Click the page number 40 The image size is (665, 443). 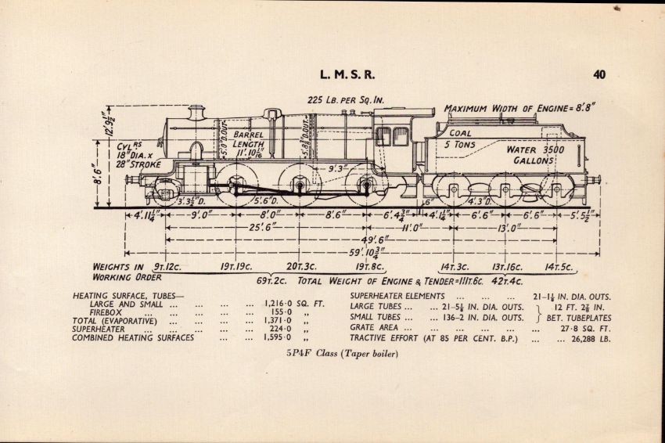click(x=599, y=75)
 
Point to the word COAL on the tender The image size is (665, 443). click(x=458, y=132)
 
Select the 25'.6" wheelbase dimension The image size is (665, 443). click(x=266, y=227)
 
